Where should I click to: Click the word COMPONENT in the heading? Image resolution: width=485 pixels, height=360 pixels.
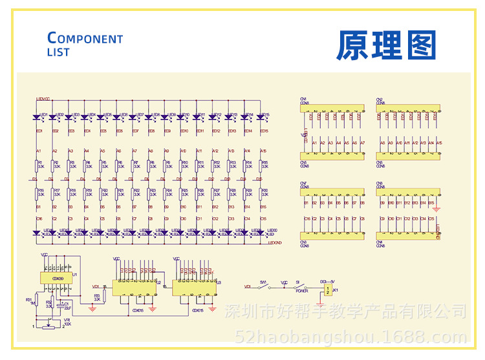click(85, 38)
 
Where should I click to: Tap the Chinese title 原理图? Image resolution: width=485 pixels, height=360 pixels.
click(386, 45)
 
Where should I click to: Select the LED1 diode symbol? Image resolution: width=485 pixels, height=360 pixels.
click(37, 118)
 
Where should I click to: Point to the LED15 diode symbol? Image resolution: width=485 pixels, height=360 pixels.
click(261, 118)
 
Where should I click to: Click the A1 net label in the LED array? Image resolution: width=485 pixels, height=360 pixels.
click(38, 151)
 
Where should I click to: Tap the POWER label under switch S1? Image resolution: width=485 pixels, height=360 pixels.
click(301, 291)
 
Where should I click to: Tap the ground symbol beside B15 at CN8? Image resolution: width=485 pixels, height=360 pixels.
click(436, 208)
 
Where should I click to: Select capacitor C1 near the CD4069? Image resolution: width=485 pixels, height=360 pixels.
click(62, 304)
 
